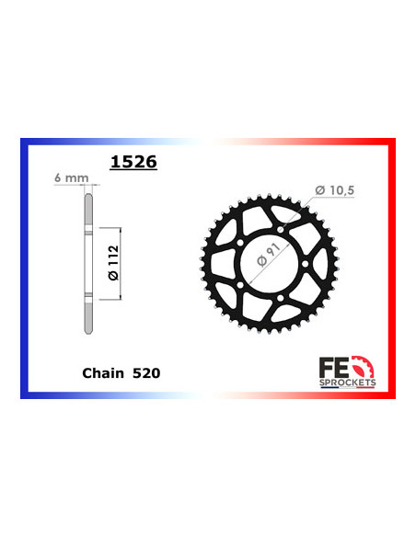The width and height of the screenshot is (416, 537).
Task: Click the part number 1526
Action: tap(133, 163)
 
